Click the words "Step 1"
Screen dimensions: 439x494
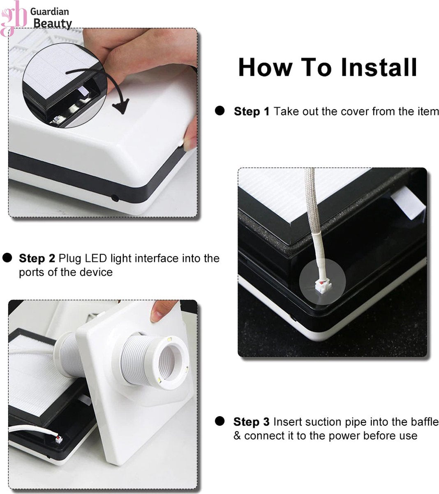coord(252,112)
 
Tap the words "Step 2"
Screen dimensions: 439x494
coord(37,258)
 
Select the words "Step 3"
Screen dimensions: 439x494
coord(251,422)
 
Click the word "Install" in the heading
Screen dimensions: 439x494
coord(379,67)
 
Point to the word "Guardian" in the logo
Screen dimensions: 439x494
coord(49,12)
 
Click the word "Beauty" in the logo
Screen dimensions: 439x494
coord(52,23)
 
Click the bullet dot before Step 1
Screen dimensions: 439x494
coord(219,111)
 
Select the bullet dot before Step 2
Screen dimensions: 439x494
coord(7,258)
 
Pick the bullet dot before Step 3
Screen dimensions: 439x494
coord(219,421)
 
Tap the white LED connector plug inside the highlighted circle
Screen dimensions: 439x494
coord(321,286)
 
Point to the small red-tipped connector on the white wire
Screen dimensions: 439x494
coord(59,439)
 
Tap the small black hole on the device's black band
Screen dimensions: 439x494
coord(115,198)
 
